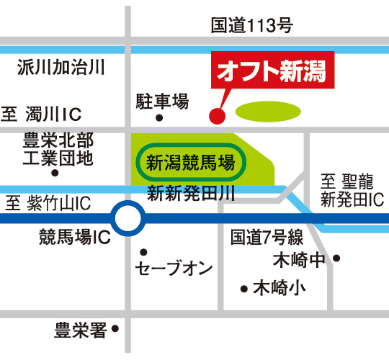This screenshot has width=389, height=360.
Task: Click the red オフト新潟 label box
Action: coord(272,70)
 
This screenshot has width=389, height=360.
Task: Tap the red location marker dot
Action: coord(218,116)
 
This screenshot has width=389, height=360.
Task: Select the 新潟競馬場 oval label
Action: coord(191,163)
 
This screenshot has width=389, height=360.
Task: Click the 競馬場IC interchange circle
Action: coord(128,218)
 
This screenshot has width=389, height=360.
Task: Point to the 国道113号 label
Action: coord(251,25)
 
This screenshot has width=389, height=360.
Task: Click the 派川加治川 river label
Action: coord(61,67)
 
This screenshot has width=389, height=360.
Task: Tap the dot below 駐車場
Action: coord(159,118)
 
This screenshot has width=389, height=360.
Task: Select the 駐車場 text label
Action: coord(162,101)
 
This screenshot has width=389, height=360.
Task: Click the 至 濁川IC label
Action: coord(41,114)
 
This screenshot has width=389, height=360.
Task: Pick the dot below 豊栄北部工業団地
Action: coord(55,173)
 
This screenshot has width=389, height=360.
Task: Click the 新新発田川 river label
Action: coord(191,194)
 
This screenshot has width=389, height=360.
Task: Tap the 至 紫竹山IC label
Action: coord(48,203)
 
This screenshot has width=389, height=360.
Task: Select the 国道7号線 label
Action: coord(267,237)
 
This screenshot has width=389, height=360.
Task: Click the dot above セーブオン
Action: coord(143,252)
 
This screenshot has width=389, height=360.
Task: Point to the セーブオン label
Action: coord(174,268)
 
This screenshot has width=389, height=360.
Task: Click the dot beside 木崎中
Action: coord(336,258)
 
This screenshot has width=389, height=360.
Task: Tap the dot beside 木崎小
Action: coord(244,289)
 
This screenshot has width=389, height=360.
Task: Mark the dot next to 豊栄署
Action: coord(115,329)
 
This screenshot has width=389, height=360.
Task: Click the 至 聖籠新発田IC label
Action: coord(352,190)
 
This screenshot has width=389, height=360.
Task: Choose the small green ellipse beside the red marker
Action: coord(268,112)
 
